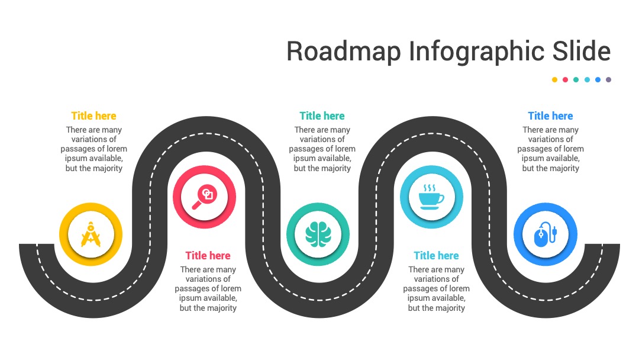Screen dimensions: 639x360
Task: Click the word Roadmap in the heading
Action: (x=344, y=52)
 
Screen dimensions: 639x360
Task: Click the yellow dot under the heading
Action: (x=554, y=79)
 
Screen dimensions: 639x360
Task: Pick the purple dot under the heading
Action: (x=608, y=79)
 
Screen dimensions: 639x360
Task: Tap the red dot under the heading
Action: (x=565, y=79)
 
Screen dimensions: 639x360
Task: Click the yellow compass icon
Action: (x=91, y=234)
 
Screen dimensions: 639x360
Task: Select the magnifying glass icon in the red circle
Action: (x=204, y=197)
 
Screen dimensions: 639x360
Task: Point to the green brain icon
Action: (x=318, y=234)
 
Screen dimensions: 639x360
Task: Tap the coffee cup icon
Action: (x=431, y=197)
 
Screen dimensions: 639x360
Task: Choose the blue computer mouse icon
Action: (x=546, y=234)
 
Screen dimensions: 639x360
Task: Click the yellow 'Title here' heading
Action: (x=93, y=116)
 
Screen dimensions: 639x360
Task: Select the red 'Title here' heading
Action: (x=208, y=256)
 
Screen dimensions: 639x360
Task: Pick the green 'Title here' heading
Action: (x=322, y=116)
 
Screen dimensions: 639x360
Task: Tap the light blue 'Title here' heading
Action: (x=436, y=256)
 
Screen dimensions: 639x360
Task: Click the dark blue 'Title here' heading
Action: (x=551, y=116)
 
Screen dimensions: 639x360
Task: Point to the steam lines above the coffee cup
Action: (x=430, y=188)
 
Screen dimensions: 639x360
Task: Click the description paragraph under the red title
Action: (x=208, y=289)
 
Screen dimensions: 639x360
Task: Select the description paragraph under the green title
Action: (x=322, y=149)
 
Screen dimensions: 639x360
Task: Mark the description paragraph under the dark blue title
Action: (x=551, y=149)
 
